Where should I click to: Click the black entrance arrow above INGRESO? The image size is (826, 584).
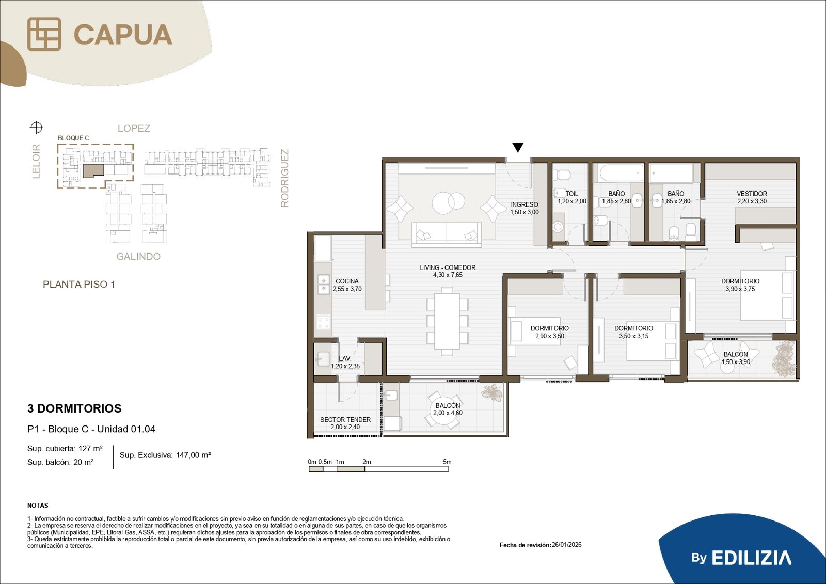pyautogui.click(x=518, y=147)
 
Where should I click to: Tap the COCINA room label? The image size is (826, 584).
pyautogui.click(x=346, y=281)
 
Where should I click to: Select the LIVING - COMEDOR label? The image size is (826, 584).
pyautogui.click(x=448, y=267)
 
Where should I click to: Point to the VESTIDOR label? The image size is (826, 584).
pyautogui.click(x=752, y=194)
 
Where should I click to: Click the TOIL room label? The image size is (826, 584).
pyautogui.click(x=571, y=194)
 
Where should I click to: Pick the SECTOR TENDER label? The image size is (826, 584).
pyautogui.click(x=345, y=419)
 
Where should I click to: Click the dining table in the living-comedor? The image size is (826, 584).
pyautogui.click(x=447, y=321)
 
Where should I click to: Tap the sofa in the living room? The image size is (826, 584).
pyautogui.click(x=447, y=234)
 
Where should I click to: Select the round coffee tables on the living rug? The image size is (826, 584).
pyautogui.click(x=448, y=203)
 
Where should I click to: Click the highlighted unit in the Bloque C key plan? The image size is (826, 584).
pyautogui.click(x=93, y=171)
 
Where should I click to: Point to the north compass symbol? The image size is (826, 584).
pyautogui.click(x=36, y=128)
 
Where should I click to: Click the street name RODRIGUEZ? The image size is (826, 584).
pyautogui.click(x=284, y=178)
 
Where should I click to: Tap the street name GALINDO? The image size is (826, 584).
pyautogui.click(x=138, y=257)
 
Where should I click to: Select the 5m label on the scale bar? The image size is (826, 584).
pyautogui.click(x=447, y=462)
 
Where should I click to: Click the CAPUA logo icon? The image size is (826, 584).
pyautogui.click(x=44, y=34)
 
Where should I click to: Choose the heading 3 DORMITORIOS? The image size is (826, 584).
pyautogui.click(x=74, y=408)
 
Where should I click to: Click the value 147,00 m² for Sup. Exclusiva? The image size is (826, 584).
pyautogui.click(x=193, y=455)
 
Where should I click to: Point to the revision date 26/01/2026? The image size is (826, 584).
pyautogui.click(x=566, y=545)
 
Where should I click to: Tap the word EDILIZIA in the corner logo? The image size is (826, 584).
pyautogui.click(x=751, y=558)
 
